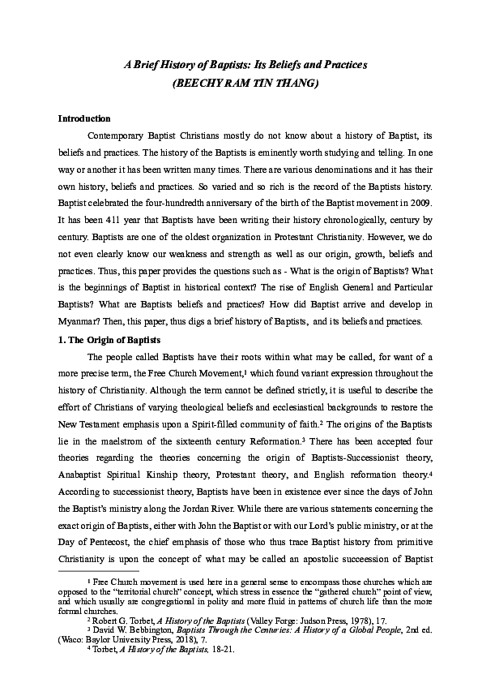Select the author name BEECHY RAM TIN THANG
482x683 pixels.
coord(241,83)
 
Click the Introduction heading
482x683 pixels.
coord(84,118)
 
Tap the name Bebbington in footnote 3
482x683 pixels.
coord(150,629)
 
